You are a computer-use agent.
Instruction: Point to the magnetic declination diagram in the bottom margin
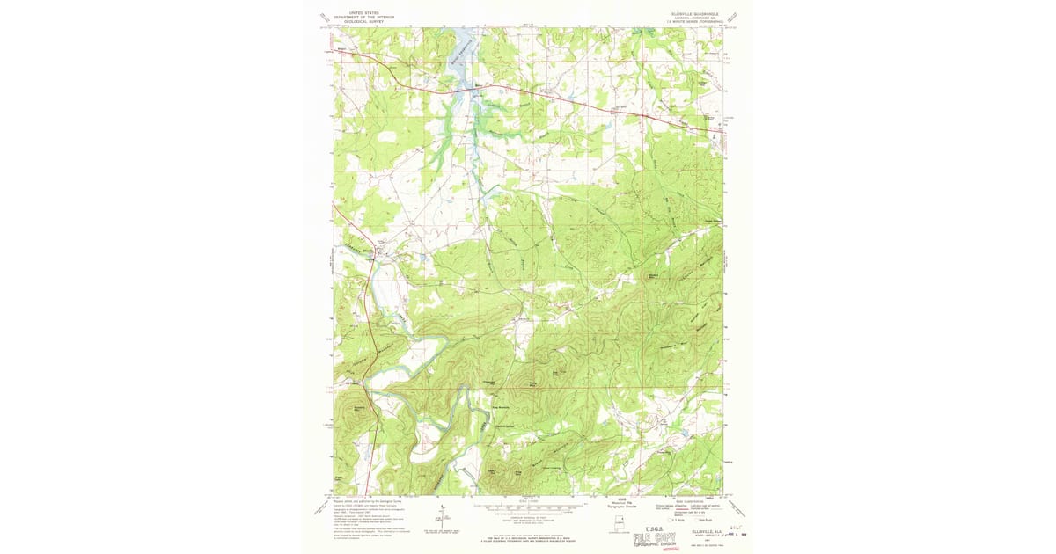(x=442, y=514)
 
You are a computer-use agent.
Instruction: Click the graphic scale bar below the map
(x=528, y=508)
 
